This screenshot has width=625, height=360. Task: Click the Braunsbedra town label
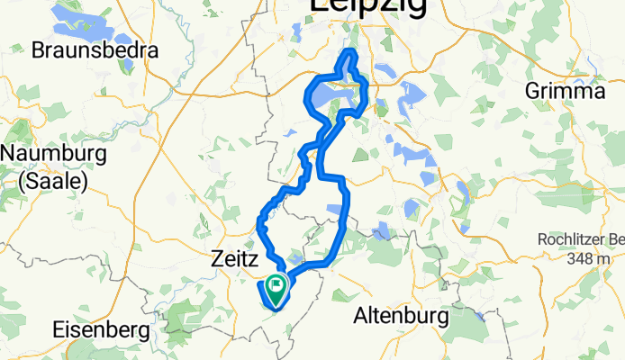[95, 50]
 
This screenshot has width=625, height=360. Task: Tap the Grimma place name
[565, 91]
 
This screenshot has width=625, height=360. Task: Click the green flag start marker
[275, 286]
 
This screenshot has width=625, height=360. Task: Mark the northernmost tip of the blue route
[350, 55]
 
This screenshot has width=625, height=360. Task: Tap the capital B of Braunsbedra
[38, 50]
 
